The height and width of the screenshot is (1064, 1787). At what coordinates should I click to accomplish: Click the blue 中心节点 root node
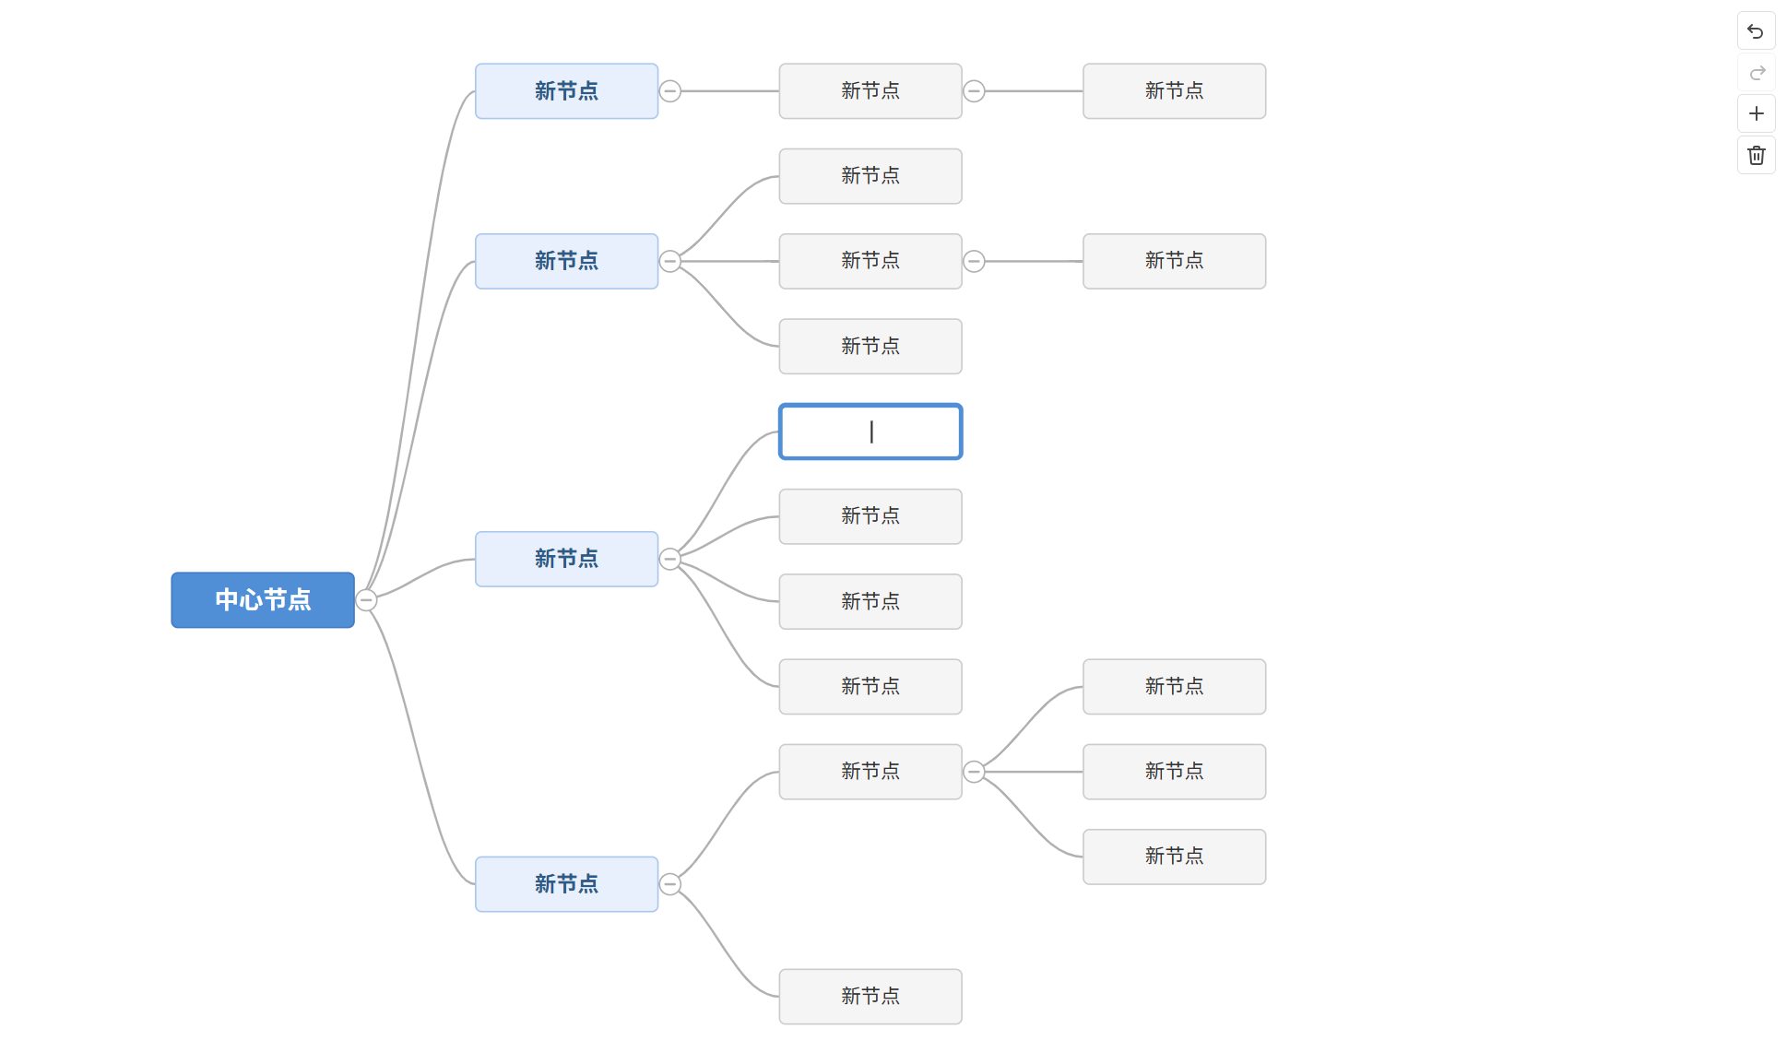[x=263, y=600]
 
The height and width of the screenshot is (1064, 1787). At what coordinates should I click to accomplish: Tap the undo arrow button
[x=1756, y=31]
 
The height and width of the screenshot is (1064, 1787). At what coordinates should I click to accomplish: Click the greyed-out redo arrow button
[x=1756, y=73]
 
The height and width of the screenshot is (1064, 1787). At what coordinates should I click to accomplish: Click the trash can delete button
[x=1756, y=155]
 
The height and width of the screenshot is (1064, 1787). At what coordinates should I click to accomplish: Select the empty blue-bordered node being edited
[x=870, y=432]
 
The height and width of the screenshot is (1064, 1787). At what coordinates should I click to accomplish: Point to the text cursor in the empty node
[x=871, y=432]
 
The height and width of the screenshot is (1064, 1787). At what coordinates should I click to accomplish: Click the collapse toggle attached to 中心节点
[x=366, y=600]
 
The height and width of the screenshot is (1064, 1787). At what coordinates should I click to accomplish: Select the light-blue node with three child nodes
[x=566, y=261]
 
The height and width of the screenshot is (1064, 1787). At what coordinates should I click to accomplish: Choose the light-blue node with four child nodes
[x=566, y=559]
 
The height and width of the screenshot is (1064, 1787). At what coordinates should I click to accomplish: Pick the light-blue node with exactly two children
[x=566, y=884]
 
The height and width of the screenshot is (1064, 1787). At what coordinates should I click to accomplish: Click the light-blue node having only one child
[x=566, y=91]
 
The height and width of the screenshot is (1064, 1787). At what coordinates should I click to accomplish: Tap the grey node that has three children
[x=870, y=772]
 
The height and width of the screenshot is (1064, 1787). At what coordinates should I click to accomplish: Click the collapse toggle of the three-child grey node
[x=974, y=772]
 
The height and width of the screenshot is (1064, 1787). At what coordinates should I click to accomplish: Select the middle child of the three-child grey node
[x=1174, y=772]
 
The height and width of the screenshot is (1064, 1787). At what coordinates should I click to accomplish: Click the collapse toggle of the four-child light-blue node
[x=670, y=559]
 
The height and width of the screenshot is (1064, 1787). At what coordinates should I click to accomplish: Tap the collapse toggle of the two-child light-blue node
[x=670, y=884]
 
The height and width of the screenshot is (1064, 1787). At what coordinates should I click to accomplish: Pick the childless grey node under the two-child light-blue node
[x=870, y=997]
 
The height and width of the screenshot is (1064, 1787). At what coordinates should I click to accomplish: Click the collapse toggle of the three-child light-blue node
[x=670, y=261]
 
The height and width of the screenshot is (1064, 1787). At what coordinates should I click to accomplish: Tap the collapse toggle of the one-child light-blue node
[x=670, y=91]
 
